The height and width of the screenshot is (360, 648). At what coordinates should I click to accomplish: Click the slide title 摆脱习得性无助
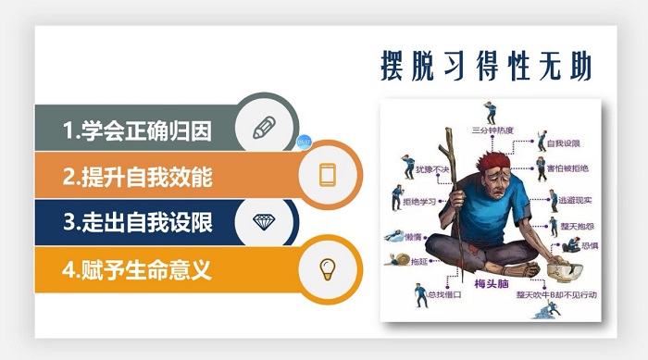486,64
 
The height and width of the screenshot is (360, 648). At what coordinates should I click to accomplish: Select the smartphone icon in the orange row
327,174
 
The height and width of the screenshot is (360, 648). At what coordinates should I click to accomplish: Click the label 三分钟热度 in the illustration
492,129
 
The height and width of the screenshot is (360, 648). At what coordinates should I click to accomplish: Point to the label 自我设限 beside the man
562,143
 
